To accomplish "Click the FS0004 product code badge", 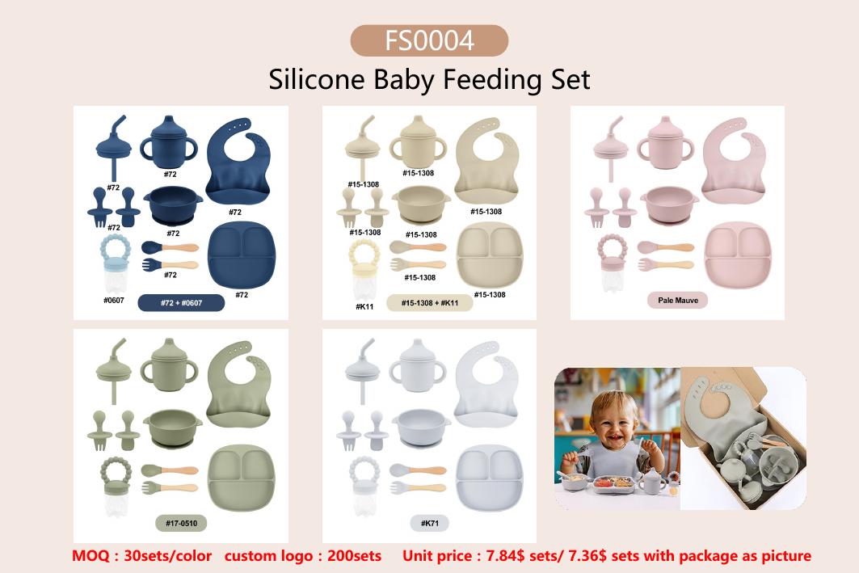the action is coord(429,40).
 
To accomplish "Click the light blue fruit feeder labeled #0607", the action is coord(115,263).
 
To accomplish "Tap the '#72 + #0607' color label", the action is coord(181,303).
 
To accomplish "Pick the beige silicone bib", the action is coord(486,160).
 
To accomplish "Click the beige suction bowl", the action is coord(421,205).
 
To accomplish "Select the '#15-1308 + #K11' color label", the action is coord(430,303).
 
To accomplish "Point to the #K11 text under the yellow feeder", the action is coord(364,307).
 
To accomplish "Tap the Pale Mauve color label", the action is coord(678,300).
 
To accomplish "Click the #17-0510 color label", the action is coord(181,523).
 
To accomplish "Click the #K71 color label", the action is coord(430,523).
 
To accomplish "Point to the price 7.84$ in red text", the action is coord(505,556).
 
